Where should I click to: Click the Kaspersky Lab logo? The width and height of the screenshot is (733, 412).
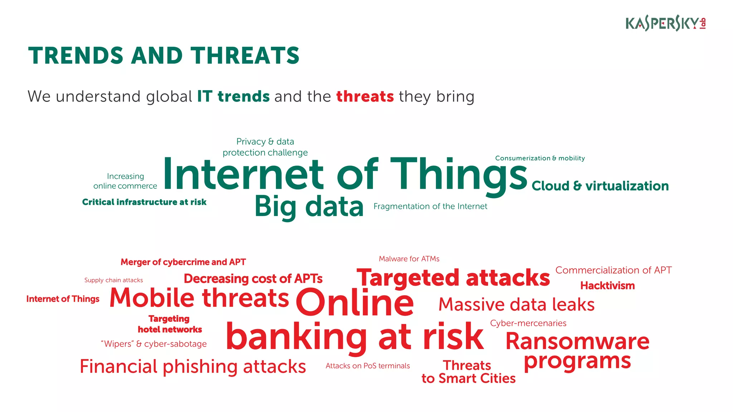tap(665, 24)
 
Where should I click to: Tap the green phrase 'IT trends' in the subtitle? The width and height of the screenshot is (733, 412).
tap(233, 97)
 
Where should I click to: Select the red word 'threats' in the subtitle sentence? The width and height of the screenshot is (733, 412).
tap(365, 97)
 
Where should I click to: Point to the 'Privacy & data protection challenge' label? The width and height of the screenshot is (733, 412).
tap(265, 147)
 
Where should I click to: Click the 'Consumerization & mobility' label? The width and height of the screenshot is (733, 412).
tap(540, 158)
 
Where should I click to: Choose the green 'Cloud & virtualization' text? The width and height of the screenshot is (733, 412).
tap(600, 186)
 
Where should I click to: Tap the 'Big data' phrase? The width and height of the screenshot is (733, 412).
tap(309, 207)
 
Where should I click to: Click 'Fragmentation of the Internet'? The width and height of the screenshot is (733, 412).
tap(430, 206)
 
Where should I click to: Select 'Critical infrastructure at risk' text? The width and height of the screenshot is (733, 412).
tap(144, 202)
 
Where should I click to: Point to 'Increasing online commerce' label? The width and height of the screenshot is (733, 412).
tap(125, 181)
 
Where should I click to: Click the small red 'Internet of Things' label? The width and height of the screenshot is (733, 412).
tap(63, 299)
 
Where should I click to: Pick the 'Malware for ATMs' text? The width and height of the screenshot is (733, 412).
tap(409, 259)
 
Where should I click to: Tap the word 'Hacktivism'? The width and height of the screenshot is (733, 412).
tap(607, 285)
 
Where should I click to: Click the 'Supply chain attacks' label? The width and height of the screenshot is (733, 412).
tap(113, 280)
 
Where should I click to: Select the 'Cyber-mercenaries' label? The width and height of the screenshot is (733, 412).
tap(528, 323)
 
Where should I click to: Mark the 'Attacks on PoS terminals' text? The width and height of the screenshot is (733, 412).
tap(368, 366)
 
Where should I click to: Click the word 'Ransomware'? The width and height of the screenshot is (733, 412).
tap(577, 341)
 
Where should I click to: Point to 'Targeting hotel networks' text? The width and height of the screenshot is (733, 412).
tap(170, 324)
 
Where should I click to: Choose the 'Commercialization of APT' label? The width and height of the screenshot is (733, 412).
tap(613, 270)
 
